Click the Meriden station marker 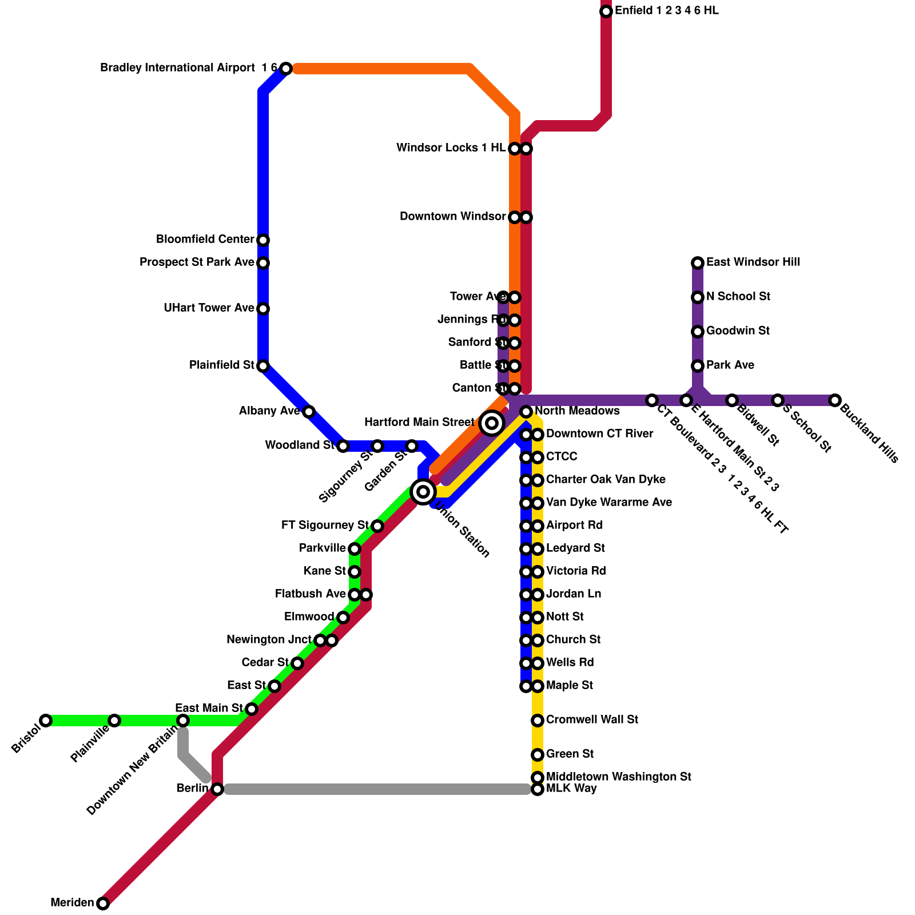(x=103, y=904)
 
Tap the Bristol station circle (x=46, y=721)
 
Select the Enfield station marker (x=606, y=11)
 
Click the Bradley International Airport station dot (x=286, y=69)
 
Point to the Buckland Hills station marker (x=835, y=400)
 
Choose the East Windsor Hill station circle (x=698, y=263)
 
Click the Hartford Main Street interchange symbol (x=492, y=423)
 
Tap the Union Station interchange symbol (x=423, y=492)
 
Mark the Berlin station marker (x=217, y=789)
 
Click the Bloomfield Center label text (x=205, y=240)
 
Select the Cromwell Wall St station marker (x=538, y=721)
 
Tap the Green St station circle (x=538, y=755)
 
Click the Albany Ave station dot (x=309, y=412)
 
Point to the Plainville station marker (x=114, y=721)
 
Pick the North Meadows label (x=577, y=411)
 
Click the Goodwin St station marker (x=698, y=332)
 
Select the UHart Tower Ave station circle (x=263, y=309)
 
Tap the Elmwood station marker (x=343, y=618)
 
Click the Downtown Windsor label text (x=453, y=217)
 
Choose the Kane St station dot (x=355, y=572)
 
